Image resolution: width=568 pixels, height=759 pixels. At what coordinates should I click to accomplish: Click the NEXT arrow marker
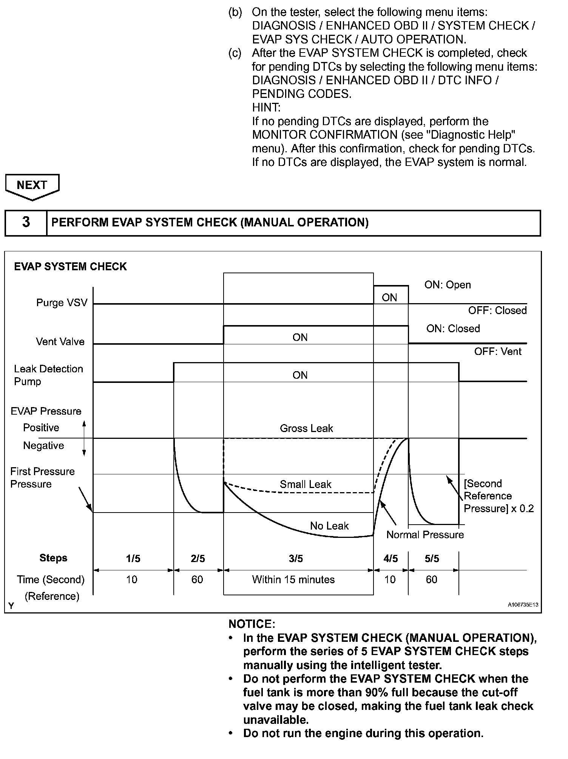click(x=32, y=186)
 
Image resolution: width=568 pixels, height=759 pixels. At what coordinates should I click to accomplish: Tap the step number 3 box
click(x=26, y=222)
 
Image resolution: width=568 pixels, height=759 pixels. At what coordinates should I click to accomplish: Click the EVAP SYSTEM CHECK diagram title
click(x=70, y=267)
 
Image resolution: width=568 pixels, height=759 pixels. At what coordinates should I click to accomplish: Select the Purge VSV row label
click(x=62, y=303)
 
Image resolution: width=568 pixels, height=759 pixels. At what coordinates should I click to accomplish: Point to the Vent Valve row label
click(x=60, y=342)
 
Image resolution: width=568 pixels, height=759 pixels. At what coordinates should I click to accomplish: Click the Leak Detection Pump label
click(x=48, y=375)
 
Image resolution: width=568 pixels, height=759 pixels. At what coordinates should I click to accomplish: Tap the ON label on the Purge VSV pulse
click(x=389, y=298)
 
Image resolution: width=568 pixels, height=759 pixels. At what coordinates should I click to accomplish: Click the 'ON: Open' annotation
click(x=448, y=285)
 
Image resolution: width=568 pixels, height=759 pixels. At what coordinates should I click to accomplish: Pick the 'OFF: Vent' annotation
click(x=498, y=352)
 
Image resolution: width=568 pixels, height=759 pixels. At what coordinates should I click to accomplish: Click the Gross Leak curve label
click(x=306, y=428)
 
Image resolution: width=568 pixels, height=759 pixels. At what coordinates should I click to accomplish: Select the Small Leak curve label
click(x=305, y=484)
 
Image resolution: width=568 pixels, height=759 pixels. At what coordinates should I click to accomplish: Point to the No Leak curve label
click(x=329, y=526)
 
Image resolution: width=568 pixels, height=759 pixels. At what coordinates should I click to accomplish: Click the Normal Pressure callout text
click(x=425, y=535)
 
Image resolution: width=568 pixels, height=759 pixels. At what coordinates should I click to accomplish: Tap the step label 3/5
click(x=296, y=559)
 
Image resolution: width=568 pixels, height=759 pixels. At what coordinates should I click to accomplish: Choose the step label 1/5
click(x=133, y=559)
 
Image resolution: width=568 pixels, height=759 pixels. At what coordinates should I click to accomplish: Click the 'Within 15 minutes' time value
click(x=293, y=579)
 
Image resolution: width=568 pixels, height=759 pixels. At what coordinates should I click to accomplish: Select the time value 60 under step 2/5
click(x=197, y=579)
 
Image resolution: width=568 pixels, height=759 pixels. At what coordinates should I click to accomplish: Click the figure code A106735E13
click(x=523, y=605)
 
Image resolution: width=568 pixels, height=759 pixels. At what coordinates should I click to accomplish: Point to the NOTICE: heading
click(x=252, y=624)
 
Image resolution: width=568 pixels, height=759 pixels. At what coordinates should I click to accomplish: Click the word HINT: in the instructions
click(x=266, y=108)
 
